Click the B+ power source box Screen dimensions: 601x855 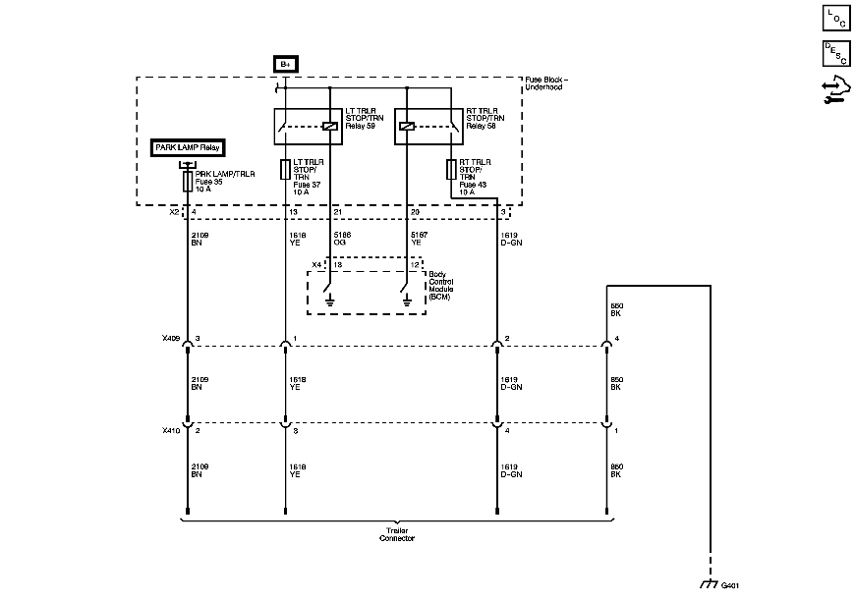pyautogui.click(x=285, y=64)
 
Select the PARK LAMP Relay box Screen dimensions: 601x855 pyautogui.click(x=188, y=148)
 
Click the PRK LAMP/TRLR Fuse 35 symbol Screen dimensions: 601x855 pyautogui.click(x=187, y=183)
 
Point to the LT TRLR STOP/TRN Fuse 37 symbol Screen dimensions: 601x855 pyautogui.click(x=285, y=169)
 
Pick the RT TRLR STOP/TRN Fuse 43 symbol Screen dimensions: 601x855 pyautogui.click(x=451, y=169)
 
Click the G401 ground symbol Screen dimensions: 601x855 pyautogui.click(x=708, y=583)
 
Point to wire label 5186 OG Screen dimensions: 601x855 pyautogui.click(x=342, y=239)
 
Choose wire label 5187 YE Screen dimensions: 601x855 pyautogui.click(x=415, y=239)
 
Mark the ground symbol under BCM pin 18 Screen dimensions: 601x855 pyautogui.click(x=331, y=300)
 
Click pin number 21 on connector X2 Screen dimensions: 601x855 pyautogui.click(x=339, y=212)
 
